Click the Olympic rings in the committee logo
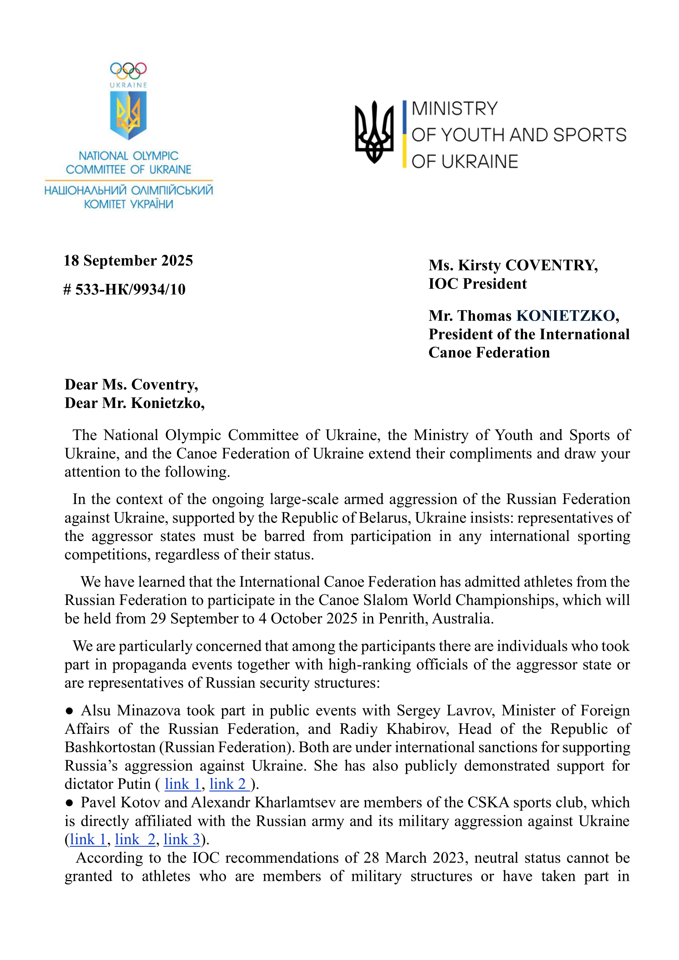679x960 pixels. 128,71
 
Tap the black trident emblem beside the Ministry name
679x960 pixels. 374,132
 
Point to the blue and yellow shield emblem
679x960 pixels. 128,115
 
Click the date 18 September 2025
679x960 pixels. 128,261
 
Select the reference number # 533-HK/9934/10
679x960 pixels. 124,289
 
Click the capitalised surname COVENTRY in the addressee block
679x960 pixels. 551,265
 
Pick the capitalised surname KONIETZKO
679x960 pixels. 565,316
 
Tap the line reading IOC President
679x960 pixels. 477,284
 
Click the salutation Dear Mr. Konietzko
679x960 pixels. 134,403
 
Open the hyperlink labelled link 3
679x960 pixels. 182,839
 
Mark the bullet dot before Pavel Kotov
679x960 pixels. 69,803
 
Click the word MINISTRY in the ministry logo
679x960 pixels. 454,109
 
